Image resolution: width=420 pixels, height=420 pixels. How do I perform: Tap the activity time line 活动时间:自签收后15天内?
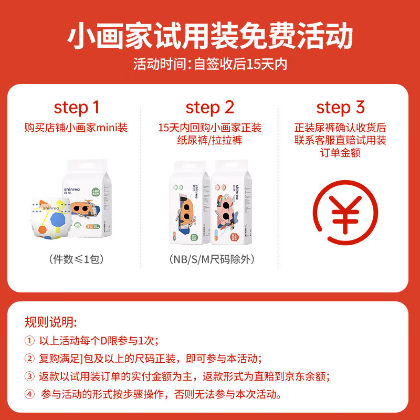tap(210, 65)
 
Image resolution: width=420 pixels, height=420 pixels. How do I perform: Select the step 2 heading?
tap(209, 108)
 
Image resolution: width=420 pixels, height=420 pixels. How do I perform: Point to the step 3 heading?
tap(340, 108)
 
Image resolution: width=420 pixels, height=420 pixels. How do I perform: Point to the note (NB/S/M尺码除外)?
tap(209, 259)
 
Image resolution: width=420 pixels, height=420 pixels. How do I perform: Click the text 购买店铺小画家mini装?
tap(76, 128)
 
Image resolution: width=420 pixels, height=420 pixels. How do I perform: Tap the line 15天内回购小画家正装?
tap(209, 128)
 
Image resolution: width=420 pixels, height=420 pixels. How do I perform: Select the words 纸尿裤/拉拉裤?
tap(209, 141)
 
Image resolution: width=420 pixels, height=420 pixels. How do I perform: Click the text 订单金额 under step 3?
tap(340, 153)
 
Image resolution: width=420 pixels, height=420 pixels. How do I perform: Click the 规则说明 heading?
tap(50, 321)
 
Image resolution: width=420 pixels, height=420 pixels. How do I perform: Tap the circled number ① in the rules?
tap(29, 340)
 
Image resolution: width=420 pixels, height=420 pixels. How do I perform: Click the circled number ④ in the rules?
tap(29, 394)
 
